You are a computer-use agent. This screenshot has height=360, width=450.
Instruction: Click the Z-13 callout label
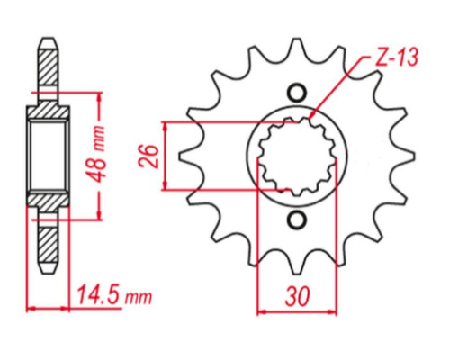(x=396, y=58)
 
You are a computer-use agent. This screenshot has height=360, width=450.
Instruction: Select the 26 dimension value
(x=148, y=157)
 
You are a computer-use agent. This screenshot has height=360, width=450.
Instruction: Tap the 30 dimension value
(x=297, y=297)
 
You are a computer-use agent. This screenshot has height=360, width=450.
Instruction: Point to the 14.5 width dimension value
(x=100, y=295)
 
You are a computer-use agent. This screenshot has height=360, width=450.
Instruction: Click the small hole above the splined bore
(x=297, y=94)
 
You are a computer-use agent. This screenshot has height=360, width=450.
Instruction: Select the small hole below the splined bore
(x=297, y=220)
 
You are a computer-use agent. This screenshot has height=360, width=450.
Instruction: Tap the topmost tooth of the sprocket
(x=297, y=48)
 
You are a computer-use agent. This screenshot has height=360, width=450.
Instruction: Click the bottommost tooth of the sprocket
(x=297, y=264)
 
